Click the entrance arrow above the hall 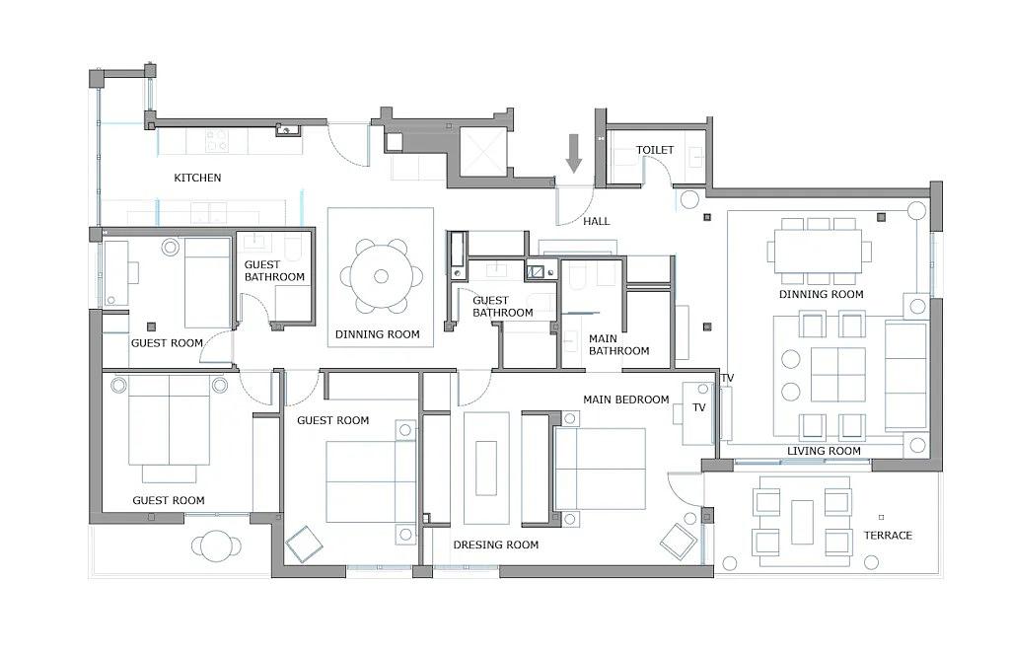pyautogui.click(x=573, y=153)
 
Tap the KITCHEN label pyautogui.click(x=197, y=178)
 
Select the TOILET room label pyautogui.click(x=655, y=150)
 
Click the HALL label pyautogui.click(x=597, y=222)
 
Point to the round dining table pyautogui.click(x=382, y=276)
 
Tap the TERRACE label pyautogui.click(x=889, y=536)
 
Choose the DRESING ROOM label pyautogui.click(x=496, y=545)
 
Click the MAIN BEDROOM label pyautogui.click(x=626, y=400)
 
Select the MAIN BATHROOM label pyautogui.click(x=619, y=344)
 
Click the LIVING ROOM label pyautogui.click(x=824, y=451)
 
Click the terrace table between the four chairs pyautogui.click(x=802, y=523)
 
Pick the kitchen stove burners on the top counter pyautogui.click(x=216, y=141)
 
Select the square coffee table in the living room pyautogui.click(x=837, y=375)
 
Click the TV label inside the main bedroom pyautogui.click(x=699, y=407)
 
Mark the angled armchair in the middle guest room pyautogui.click(x=304, y=545)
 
